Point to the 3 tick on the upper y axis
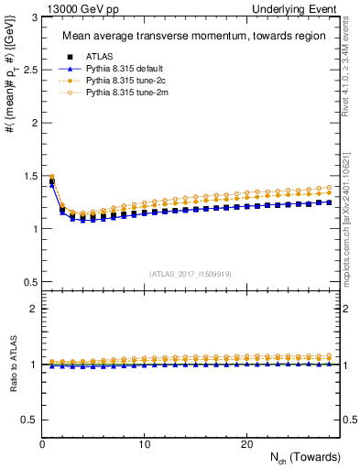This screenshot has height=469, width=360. point(31,17)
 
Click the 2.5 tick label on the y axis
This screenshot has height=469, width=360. point(27,70)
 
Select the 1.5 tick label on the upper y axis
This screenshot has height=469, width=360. point(27,176)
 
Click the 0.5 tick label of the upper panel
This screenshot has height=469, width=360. point(27,281)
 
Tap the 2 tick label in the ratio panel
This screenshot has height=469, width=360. point(31,310)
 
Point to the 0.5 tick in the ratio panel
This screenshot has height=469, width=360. point(27,420)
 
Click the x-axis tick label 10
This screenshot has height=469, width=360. point(145,444)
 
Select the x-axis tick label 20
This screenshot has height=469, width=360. point(246,444)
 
